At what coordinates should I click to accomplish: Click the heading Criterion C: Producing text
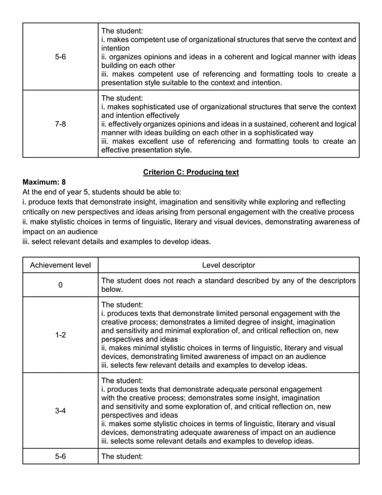coord(191,173)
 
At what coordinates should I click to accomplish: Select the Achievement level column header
coord(60,265)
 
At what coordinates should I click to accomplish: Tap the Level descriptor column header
coord(229,265)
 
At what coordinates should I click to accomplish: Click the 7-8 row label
coord(60,124)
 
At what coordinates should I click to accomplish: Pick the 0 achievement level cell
coord(60,285)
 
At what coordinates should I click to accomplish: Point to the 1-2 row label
coord(60,335)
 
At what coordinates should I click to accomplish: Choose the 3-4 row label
coord(60,411)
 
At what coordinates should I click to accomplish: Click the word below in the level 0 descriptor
coord(112,289)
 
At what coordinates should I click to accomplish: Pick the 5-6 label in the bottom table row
coord(60,457)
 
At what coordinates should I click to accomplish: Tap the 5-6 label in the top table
coord(60,57)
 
